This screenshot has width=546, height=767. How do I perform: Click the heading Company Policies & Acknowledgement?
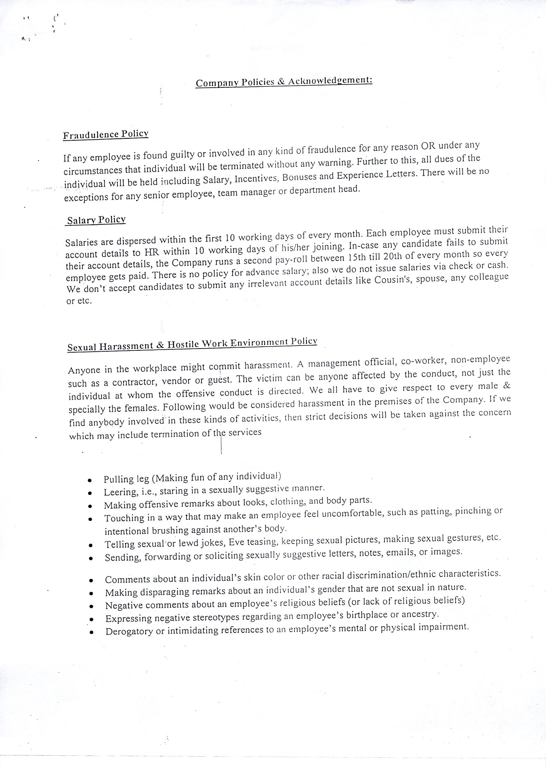pos(284,81)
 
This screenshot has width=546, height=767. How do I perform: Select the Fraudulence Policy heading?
pos(106,134)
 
